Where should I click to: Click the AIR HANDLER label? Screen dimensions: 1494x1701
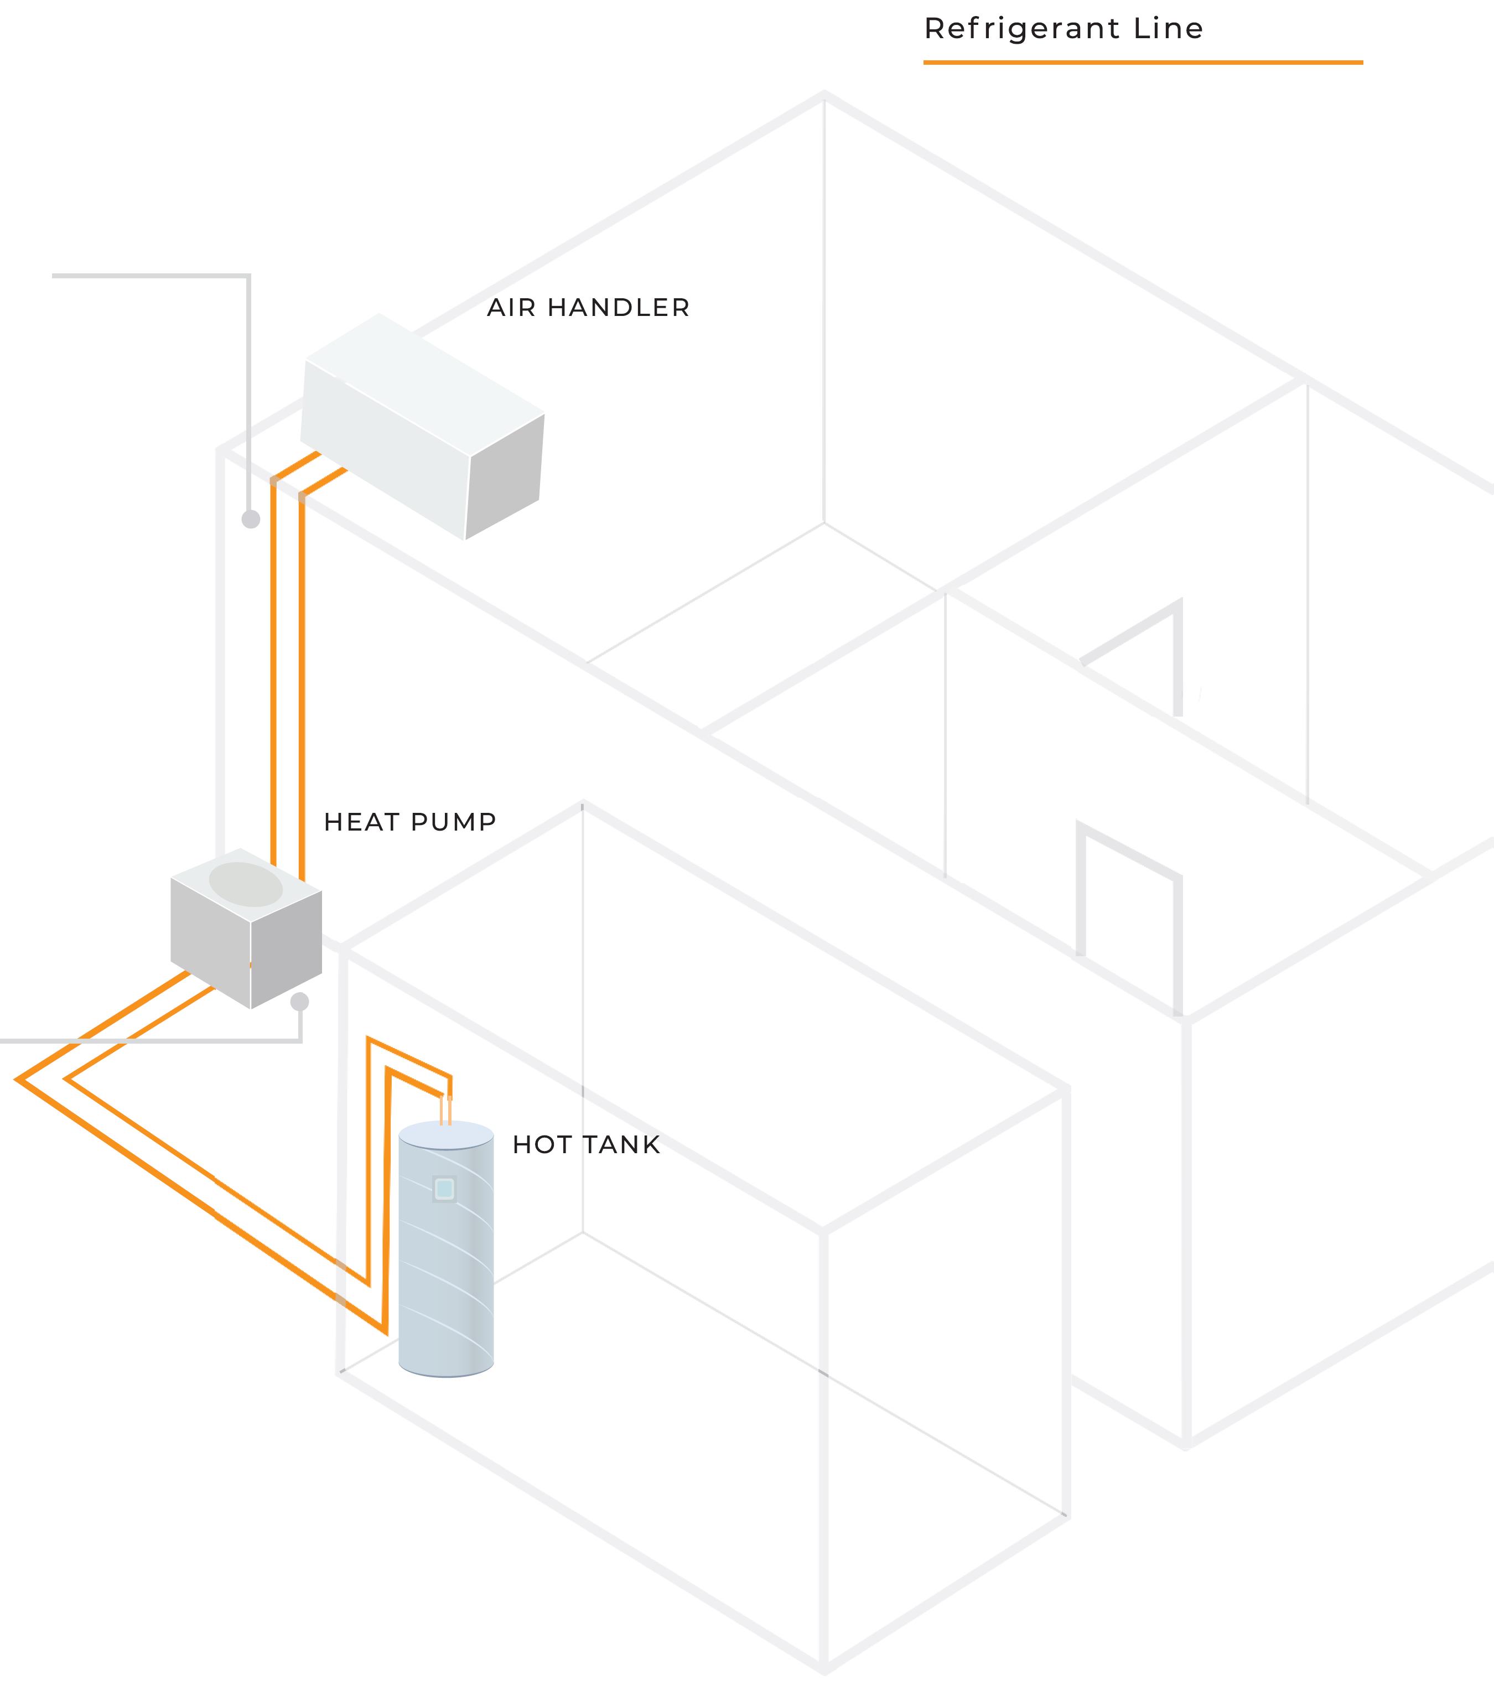(x=588, y=308)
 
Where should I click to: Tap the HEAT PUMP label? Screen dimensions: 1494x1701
(x=409, y=822)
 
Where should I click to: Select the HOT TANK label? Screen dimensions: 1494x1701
(x=586, y=1145)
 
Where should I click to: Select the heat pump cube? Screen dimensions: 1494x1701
(x=246, y=928)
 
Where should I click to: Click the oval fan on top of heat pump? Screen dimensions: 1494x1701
(x=246, y=884)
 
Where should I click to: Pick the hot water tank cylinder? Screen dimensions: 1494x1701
(x=446, y=1248)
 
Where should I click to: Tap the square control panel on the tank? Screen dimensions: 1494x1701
(x=444, y=1189)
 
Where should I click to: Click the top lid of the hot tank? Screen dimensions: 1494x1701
(x=446, y=1135)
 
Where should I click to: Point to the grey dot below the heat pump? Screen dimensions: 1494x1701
(x=300, y=1001)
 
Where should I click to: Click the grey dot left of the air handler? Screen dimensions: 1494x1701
(x=251, y=519)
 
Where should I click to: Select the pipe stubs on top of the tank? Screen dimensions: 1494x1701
(x=446, y=1110)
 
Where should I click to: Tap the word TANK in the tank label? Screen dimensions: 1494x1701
(x=622, y=1145)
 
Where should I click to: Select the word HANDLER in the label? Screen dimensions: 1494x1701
(x=619, y=308)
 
